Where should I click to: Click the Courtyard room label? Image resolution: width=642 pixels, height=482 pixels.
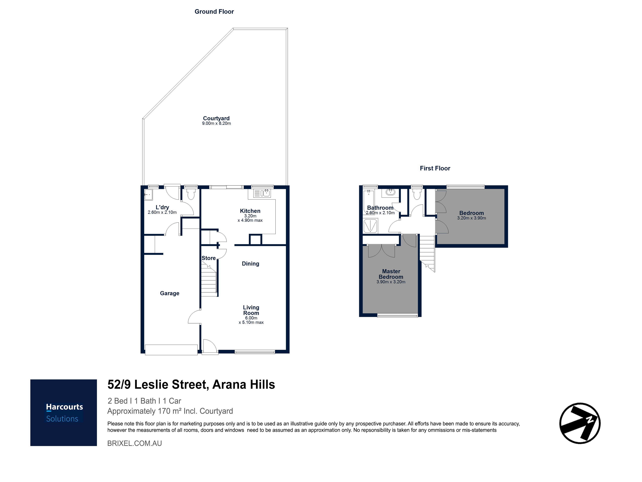(x=216, y=118)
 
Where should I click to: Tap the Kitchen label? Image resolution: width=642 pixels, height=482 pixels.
(x=250, y=211)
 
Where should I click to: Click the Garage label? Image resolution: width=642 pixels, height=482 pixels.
(x=169, y=293)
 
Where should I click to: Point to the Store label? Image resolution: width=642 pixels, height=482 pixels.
(x=209, y=258)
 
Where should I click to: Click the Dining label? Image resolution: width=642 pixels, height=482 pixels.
(x=251, y=264)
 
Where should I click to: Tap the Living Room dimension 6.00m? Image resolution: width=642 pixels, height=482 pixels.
(x=251, y=318)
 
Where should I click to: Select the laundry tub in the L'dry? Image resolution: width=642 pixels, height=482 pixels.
(x=148, y=195)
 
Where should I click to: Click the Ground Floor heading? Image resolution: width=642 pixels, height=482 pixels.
(x=214, y=12)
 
